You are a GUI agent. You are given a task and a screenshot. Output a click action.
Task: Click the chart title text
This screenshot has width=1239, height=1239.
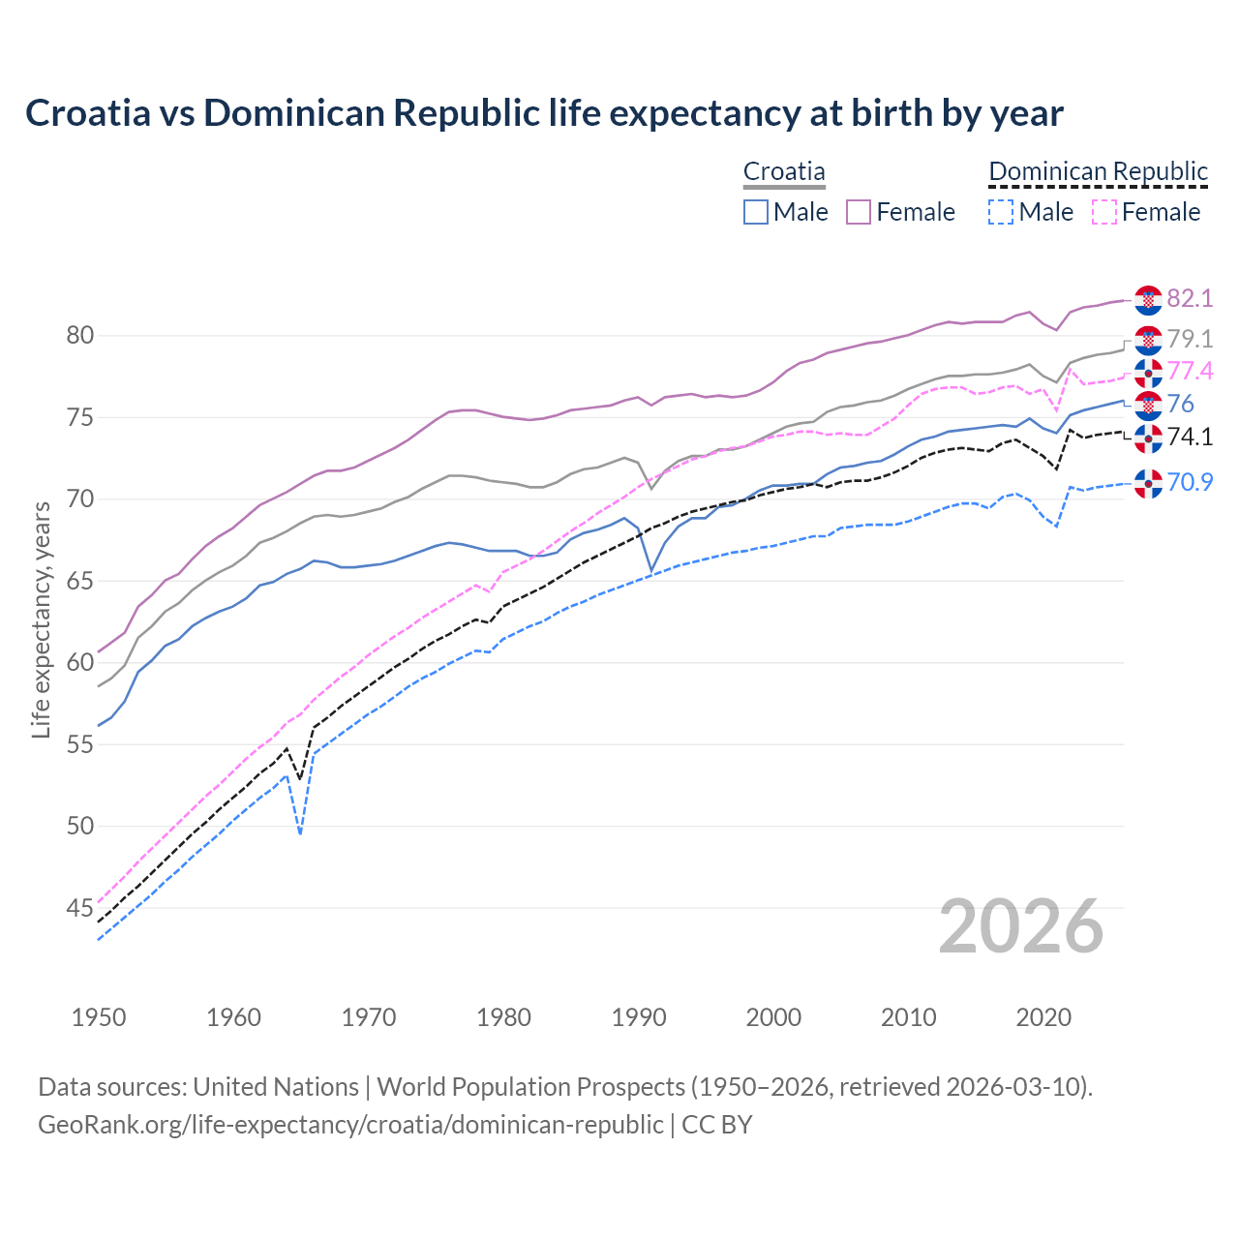[544, 113]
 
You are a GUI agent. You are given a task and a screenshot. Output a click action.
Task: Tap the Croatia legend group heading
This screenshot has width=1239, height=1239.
[784, 172]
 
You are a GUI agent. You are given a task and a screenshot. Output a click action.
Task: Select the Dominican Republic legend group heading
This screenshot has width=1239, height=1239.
[1098, 172]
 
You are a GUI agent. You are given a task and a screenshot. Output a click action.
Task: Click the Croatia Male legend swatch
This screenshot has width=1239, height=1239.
[756, 212]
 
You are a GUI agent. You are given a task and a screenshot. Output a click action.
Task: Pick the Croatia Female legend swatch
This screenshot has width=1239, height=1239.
[859, 212]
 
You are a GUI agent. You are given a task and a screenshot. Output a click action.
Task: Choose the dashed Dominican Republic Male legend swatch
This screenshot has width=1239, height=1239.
[1001, 212]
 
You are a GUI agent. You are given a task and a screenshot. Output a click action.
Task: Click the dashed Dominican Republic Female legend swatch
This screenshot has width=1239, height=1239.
[1103, 212]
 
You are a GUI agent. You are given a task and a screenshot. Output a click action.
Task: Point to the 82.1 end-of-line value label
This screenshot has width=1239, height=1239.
[1190, 298]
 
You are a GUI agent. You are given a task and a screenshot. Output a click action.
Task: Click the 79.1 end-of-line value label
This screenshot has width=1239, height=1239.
[1190, 339]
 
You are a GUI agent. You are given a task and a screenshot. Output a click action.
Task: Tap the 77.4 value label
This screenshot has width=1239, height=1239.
[1190, 372]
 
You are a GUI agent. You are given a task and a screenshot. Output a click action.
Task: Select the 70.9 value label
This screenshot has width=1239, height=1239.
[1190, 482]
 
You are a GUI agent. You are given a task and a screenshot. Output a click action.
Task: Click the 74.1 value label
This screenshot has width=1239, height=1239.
[1190, 438]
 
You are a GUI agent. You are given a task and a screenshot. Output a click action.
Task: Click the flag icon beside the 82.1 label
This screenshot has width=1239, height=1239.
[1148, 300]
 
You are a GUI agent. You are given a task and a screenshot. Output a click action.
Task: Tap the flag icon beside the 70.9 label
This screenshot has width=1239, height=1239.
[1148, 483]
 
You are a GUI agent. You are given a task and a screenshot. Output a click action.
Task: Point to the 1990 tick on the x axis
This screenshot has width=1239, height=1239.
[639, 1017]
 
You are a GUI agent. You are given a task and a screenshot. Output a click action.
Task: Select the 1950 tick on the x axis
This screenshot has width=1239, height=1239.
[100, 1017]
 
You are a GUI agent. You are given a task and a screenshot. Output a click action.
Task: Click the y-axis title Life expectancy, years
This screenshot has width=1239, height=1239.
[42, 619]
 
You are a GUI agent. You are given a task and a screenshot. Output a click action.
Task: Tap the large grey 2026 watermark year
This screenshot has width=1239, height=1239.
[1021, 926]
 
